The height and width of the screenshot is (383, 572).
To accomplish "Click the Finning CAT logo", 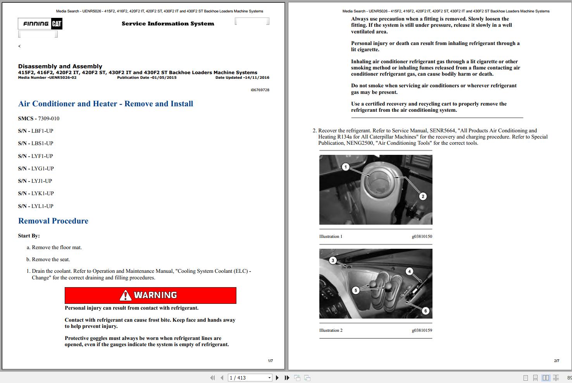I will click(40, 24).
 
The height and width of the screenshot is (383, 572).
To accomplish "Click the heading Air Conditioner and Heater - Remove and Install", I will click(105, 104).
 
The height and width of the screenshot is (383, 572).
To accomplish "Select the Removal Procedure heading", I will click(53, 221).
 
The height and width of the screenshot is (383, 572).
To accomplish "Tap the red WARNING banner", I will click(150, 295).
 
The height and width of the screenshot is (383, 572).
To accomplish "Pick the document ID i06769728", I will click(260, 90).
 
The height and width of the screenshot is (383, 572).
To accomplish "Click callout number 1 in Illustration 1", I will click(346, 167).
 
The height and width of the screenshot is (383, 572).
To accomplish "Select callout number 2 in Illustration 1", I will click(423, 196).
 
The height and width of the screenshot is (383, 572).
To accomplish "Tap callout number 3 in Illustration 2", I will click(333, 260).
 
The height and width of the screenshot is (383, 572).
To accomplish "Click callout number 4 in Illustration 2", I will click(409, 271).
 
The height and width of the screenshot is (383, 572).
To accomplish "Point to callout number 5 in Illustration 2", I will click(355, 290).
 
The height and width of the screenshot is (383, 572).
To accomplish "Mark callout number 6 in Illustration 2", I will click(426, 310).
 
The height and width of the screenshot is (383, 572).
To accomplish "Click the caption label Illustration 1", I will click(331, 236).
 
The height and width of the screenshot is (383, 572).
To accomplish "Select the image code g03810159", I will click(422, 330).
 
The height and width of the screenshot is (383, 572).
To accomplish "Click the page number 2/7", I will click(556, 360).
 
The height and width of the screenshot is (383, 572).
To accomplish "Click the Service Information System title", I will click(168, 24).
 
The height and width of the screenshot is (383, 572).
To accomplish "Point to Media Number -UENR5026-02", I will click(47, 78).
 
